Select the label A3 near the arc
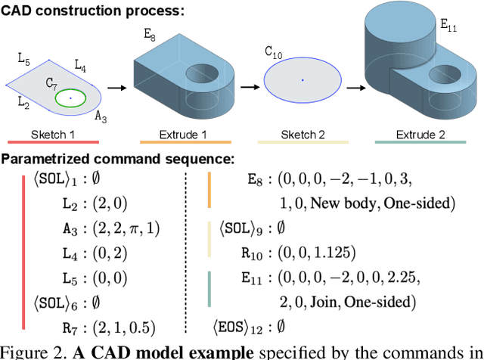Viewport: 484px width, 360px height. pyautogui.click(x=101, y=118)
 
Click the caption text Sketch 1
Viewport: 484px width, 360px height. pyautogui.click(x=53, y=135)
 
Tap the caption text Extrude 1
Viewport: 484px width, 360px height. pyautogui.click(x=185, y=135)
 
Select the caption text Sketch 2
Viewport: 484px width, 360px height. pyautogui.click(x=302, y=135)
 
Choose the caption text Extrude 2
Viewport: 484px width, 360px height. pyautogui.click(x=420, y=135)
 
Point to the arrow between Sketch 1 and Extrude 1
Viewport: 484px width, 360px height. pyautogui.click(x=116, y=87)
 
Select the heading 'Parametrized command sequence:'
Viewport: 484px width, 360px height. pyautogui.click(x=117, y=160)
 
